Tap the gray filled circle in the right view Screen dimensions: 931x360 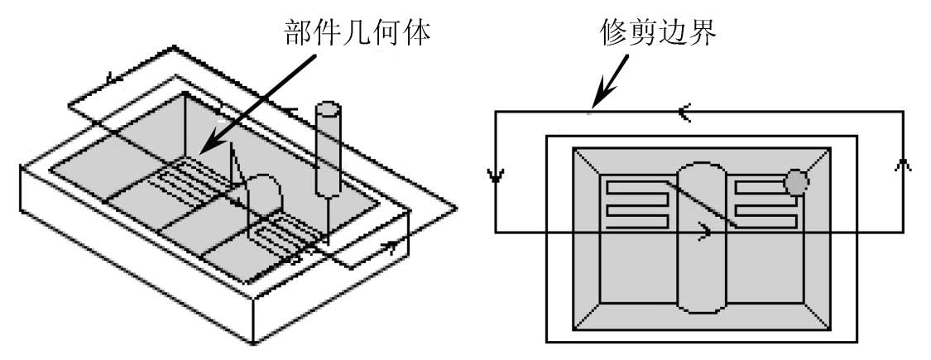pyautogui.click(x=796, y=182)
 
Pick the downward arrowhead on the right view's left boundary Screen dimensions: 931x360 pyautogui.click(x=495, y=175)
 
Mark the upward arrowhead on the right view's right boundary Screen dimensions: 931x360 pyautogui.click(x=903, y=165)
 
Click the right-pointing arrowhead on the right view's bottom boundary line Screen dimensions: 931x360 pyautogui.click(x=704, y=231)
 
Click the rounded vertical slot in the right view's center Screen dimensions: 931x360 pyautogui.click(x=702, y=237)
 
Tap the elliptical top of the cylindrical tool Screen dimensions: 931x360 pyautogui.click(x=328, y=109)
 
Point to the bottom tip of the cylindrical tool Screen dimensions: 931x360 pyautogui.click(x=328, y=242)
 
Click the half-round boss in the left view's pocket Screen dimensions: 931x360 pyautogui.click(x=262, y=196)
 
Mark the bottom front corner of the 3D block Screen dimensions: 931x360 pyautogui.click(x=253, y=343)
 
